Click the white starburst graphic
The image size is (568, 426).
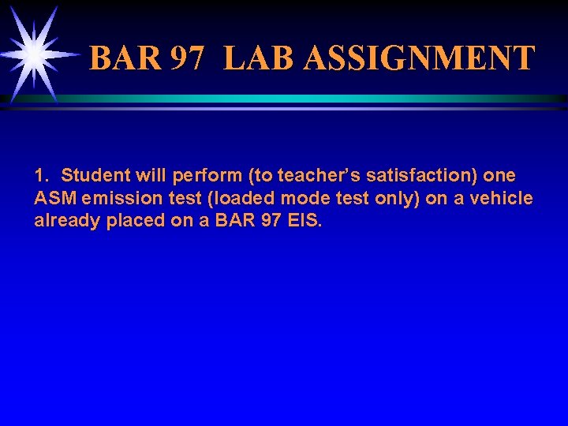(35, 54)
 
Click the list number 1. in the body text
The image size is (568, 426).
(43, 174)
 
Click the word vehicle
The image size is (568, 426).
(503, 198)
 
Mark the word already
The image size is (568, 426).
(65, 222)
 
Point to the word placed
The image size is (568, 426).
(136, 222)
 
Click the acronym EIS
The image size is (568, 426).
(305, 221)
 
